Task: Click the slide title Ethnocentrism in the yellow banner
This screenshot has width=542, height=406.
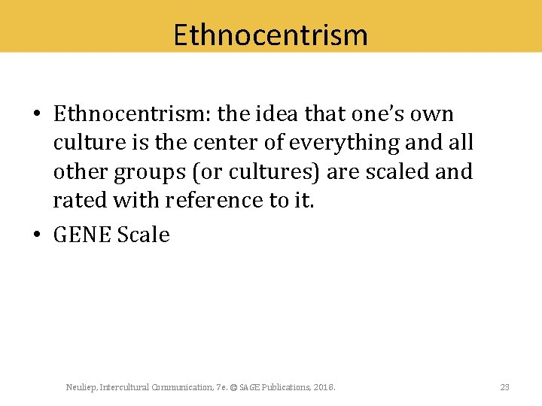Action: (x=270, y=35)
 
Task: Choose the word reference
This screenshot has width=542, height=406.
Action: (x=210, y=200)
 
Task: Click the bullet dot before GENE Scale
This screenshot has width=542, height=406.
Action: (x=37, y=235)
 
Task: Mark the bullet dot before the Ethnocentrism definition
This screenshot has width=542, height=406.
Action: (x=37, y=114)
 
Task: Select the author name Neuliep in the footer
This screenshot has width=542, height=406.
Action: (x=81, y=387)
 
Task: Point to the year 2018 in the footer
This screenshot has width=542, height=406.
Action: (x=324, y=387)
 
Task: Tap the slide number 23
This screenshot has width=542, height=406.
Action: (x=504, y=387)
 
